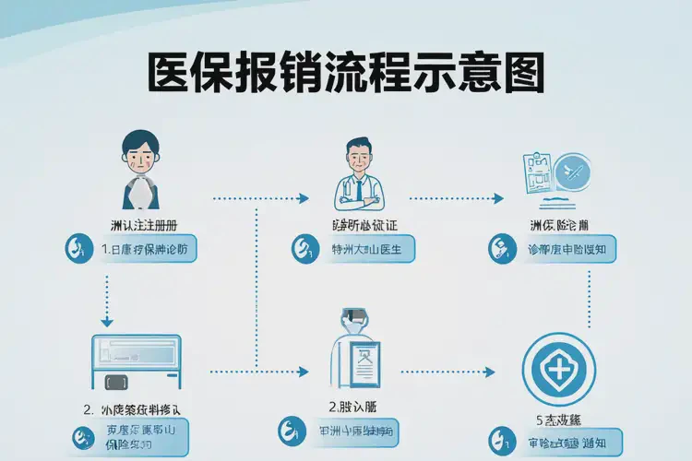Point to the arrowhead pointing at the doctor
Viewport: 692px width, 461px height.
click(x=304, y=198)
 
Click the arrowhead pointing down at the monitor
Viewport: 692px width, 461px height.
click(x=106, y=323)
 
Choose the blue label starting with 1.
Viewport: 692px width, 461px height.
click(x=148, y=249)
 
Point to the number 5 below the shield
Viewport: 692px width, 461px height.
click(x=539, y=420)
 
